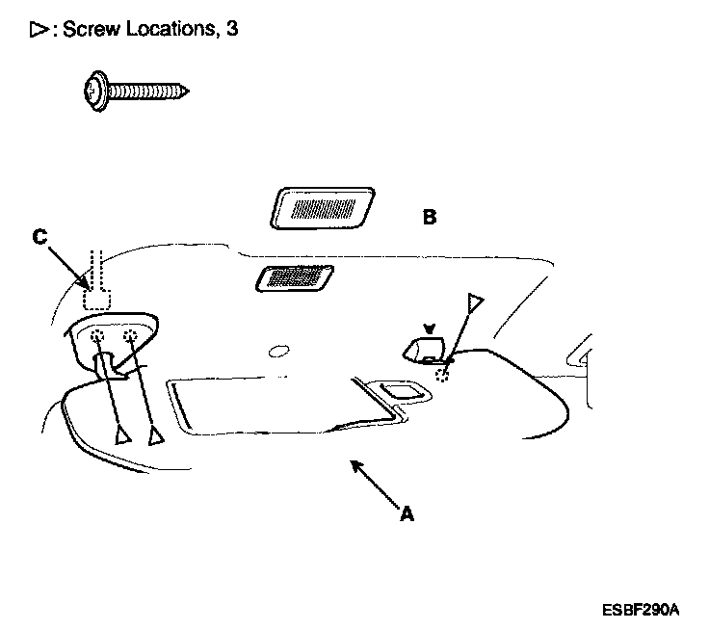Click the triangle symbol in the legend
(39, 30)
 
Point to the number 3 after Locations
(232, 30)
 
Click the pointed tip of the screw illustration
(187, 92)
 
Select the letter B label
(429, 218)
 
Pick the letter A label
(407, 515)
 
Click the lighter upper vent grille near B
(324, 207)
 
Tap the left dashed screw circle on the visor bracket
(100, 338)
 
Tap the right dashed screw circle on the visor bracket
(131, 337)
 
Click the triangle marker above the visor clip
(473, 302)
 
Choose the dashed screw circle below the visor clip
(442, 375)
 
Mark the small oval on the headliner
(279, 352)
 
